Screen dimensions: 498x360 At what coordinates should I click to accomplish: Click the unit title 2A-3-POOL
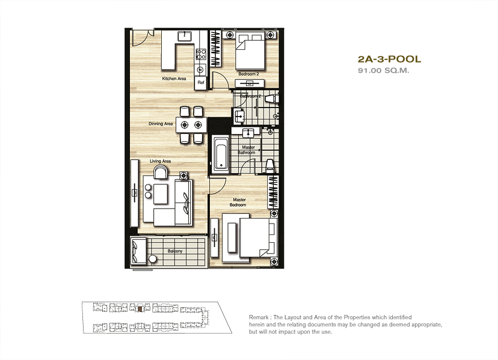[x=389, y=59]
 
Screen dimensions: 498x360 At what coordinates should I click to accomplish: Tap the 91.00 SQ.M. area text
[x=384, y=70]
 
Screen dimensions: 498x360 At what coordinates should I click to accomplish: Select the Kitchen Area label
[x=174, y=78]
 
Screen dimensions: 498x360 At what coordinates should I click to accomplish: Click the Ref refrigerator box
[x=201, y=82]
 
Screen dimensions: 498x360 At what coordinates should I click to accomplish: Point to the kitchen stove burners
[x=201, y=54]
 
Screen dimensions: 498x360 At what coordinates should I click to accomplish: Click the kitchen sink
[x=185, y=36]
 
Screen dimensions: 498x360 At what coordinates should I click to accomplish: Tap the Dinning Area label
[x=161, y=123]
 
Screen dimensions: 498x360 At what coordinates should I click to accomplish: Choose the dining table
[x=191, y=125]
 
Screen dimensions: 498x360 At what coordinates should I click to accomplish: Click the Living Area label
[x=161, y=161]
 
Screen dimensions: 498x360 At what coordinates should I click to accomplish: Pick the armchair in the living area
[x=161, y=172]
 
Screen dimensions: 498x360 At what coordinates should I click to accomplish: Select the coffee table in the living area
[x=161, y=194]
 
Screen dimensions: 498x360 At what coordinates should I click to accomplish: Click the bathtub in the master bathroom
[x=220, y=154]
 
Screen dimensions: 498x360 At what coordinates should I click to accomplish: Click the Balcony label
[x=175, y=251]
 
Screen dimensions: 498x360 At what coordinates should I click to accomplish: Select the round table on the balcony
[x=153, y=259]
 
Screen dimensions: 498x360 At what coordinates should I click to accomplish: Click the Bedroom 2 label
[x=248, y=74]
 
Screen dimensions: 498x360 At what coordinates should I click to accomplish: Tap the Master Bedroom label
[x=239, y=202]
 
